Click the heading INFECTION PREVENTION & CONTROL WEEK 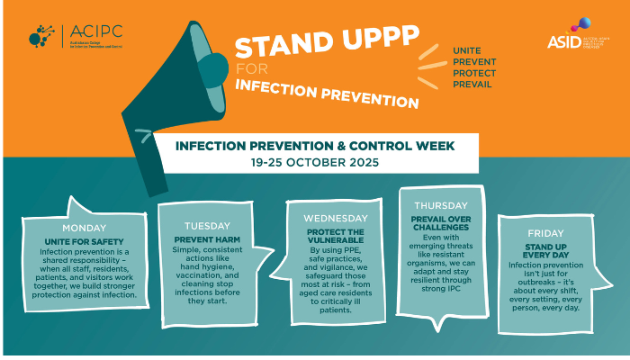(x=314, y=146)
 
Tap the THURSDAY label (x=440, y=205)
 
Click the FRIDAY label (x=546, y=233)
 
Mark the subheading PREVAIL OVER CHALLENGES (x=441, y=221)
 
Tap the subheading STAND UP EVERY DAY (x=546, y=250)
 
